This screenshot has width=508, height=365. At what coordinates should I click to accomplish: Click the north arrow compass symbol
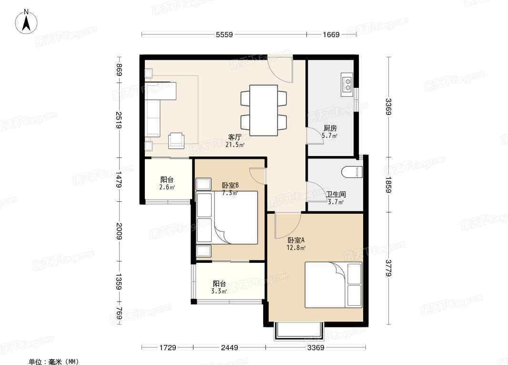27,21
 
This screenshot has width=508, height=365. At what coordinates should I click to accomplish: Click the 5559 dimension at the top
224,34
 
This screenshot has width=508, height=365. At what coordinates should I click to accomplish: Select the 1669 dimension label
331,34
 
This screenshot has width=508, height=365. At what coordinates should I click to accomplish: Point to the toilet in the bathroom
352,172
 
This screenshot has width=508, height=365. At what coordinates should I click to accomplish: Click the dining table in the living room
264,110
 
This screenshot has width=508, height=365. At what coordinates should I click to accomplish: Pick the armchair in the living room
176,140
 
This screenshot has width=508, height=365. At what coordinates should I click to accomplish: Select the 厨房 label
330,128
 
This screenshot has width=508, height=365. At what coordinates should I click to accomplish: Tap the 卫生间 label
335,194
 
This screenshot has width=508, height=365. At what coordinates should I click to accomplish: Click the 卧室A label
296,240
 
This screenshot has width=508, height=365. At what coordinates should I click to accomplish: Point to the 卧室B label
230,185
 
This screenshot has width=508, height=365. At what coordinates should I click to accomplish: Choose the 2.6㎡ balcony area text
167,187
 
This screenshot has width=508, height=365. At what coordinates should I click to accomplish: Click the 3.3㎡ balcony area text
219,291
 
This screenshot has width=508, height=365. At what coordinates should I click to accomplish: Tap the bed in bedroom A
334,284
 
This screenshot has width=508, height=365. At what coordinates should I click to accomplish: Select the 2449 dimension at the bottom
229,348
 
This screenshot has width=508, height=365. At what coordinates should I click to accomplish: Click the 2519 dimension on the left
119,120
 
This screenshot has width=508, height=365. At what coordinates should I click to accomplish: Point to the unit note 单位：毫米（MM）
54,362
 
